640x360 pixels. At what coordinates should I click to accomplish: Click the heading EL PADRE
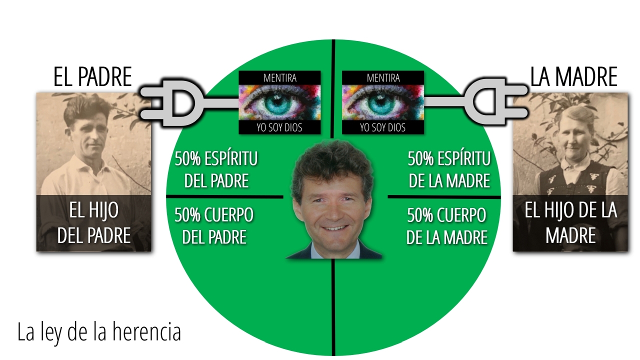point(92,76)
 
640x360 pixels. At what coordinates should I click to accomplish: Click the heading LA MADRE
point(573,76)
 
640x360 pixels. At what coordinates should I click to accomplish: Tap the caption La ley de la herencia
point(99,332)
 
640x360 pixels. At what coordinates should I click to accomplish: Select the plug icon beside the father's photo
point(171,102)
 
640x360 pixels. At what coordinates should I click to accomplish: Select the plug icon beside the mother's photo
point(495,102)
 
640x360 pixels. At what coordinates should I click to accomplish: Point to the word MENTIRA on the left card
point(280,78)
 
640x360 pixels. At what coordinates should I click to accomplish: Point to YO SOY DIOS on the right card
point(383,127)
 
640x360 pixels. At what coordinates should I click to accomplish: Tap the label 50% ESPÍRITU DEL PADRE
point(216,169)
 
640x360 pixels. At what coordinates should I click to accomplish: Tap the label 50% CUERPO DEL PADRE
point(214,226)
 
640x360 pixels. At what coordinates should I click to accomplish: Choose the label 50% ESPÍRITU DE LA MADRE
point(449,169)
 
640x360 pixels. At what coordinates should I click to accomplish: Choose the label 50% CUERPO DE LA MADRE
point(447,226)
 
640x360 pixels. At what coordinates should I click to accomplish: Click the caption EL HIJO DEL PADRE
point(94,223)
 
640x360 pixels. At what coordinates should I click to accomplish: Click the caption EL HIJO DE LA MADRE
point(571,223)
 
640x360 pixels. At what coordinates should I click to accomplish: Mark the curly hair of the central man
point(332,163)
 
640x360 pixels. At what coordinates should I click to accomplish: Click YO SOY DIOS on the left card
point(279,127)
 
